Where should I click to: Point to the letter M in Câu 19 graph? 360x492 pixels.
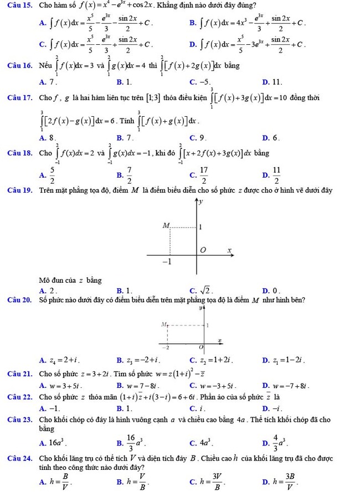click(165, 226)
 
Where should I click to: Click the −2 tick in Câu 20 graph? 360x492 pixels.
click(168, 346)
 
